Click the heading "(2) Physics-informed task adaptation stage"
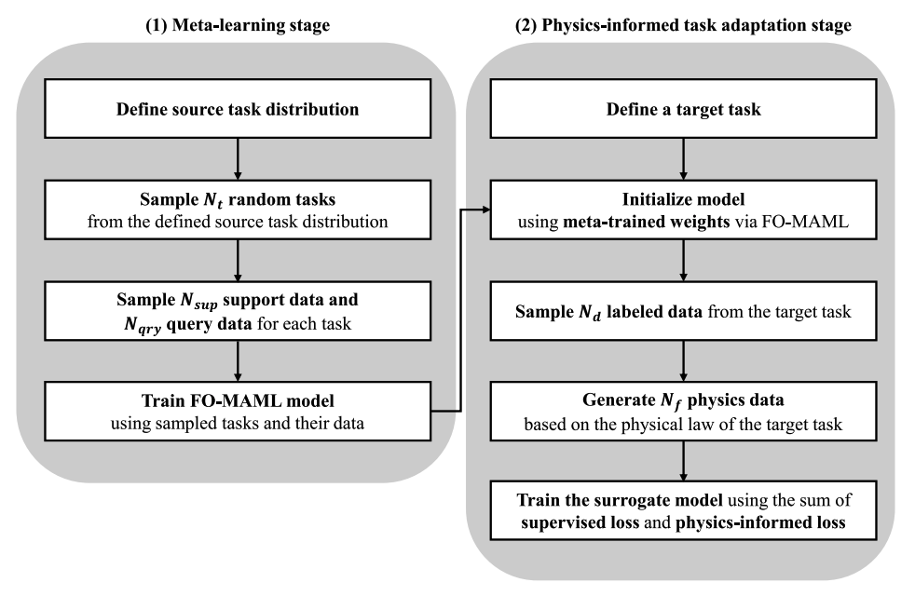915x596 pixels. [x=683, y=25]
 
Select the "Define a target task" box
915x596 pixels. [x=684, y=109]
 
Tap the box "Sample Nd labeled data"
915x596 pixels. [x=684, y=311]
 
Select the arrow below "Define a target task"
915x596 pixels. [x=684, y=158]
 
